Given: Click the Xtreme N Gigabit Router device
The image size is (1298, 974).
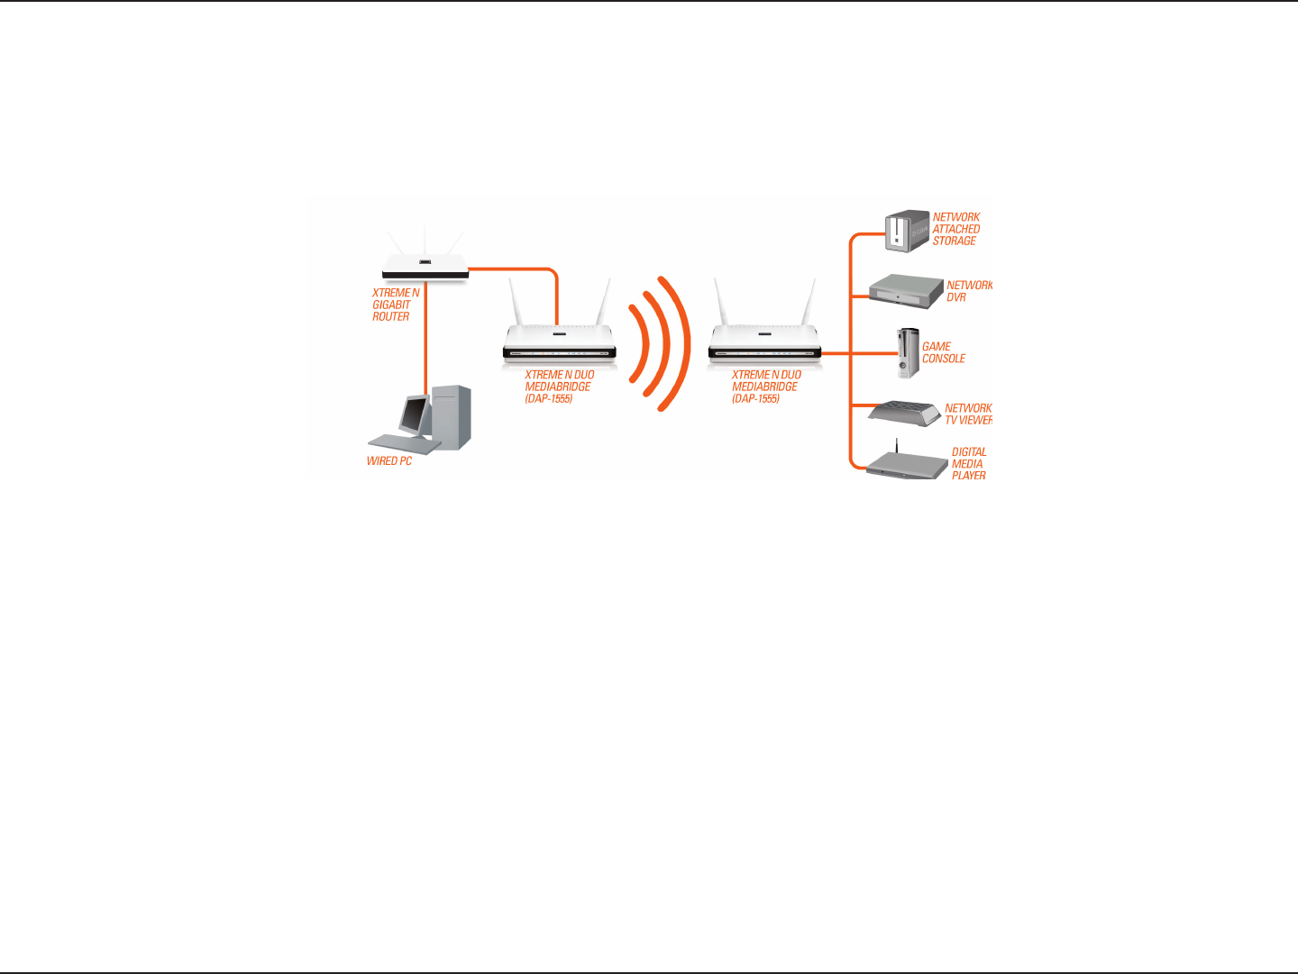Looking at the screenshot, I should tap(425, 265).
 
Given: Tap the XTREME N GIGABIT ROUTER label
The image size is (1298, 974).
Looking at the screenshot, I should tap(395, 305).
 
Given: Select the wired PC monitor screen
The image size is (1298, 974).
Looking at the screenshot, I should tap(415, 414).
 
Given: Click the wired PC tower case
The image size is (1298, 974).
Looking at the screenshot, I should tap(452, 416).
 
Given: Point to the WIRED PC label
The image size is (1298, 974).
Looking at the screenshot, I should tap(388, 461).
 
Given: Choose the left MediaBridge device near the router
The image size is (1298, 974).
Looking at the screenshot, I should tap(559, 343).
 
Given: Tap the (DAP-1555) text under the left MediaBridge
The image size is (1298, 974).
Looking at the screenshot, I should tap(549, 398).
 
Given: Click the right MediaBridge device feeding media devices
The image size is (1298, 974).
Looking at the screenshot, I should tap(764, 343).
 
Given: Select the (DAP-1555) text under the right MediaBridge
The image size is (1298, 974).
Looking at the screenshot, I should tap(755, 398).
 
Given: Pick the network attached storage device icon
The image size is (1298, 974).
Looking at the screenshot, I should tap(906, 231).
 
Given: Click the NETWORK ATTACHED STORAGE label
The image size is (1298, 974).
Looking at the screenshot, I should tap(955, 229).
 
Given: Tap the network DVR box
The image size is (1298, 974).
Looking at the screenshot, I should tap(905, 288).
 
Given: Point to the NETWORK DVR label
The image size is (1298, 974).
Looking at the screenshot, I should tap(968, 291).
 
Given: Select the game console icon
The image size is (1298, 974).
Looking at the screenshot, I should tap(907, 352).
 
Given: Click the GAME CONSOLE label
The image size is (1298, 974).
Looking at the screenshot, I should tap(943, 352).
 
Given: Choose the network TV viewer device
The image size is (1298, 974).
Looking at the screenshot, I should tap(904, 414).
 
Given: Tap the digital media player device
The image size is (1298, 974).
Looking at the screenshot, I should tap(906, 465).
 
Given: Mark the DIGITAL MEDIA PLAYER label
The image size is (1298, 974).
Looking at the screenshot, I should tap(968, 464).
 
